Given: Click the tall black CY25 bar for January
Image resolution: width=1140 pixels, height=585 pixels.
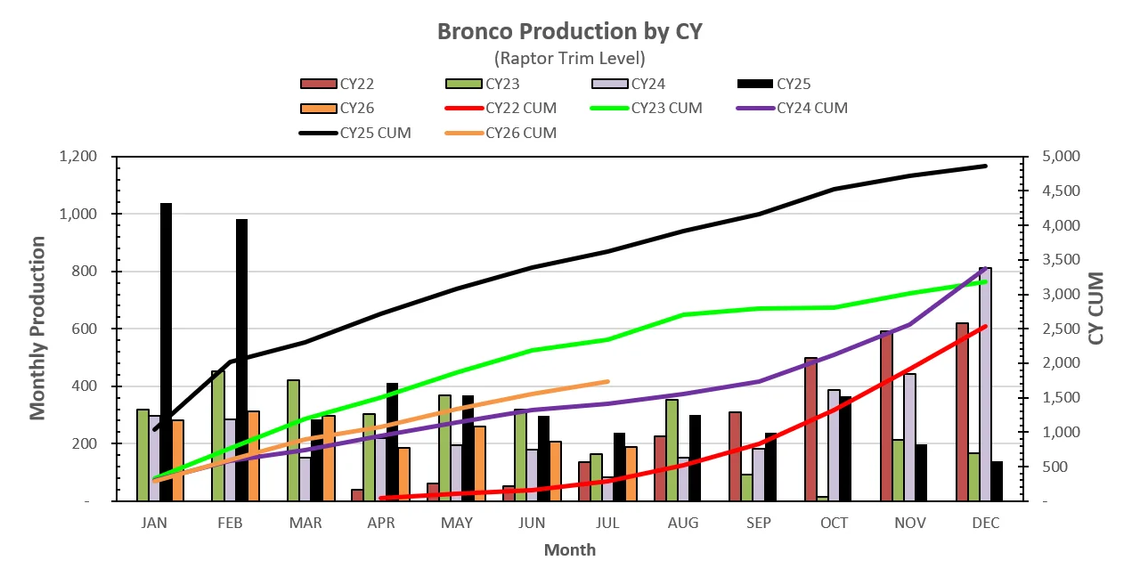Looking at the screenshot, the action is [x=166, y=352].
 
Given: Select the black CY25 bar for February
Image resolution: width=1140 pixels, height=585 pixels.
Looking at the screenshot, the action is [x=241, y=360].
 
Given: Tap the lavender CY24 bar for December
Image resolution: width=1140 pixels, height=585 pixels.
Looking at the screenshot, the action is [x=985, y=385].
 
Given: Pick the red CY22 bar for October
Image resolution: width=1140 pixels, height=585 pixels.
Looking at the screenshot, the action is [x=810, y=429].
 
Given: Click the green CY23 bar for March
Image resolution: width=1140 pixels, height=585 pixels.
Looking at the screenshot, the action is [x=293, y=441].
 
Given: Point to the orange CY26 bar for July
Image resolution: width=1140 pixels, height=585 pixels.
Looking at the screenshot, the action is [x=631, y=474].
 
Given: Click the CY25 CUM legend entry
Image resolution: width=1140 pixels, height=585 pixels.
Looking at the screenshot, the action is [x=355, y=134].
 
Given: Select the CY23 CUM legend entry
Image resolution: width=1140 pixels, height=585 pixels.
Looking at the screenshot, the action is [x=647, y=109].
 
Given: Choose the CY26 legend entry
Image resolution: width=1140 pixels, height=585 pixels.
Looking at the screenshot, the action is [x=338, y=109].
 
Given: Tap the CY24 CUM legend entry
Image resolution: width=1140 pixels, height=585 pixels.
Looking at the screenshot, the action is [x=792, y=109].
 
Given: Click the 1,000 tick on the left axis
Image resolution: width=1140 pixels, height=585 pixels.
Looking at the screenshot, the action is [x=77, y=214].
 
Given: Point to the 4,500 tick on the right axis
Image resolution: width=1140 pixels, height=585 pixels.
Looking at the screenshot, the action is [x=1061, y=191].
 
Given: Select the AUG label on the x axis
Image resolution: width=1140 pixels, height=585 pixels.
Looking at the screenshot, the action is [x=683, y=523].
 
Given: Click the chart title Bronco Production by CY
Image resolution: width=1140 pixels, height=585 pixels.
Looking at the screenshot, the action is [x=570, y=31].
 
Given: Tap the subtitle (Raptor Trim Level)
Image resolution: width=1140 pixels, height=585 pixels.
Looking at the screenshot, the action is [x=570, y=59].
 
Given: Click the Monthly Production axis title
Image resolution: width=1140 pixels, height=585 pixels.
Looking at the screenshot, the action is [x=37, y=328].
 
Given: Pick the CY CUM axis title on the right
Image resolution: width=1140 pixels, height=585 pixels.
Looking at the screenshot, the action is [x=1096, y=308].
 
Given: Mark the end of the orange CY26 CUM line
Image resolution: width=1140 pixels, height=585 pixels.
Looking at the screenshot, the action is [x=607, y=381].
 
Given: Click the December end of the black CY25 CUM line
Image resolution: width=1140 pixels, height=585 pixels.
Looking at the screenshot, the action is [x=986, y=166].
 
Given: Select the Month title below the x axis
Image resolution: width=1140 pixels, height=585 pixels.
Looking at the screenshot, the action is [x=570, y=550].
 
